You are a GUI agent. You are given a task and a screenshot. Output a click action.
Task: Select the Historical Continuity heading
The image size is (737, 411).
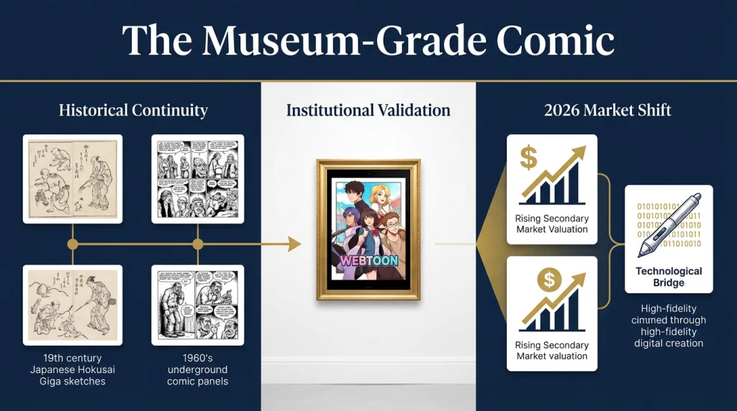(x=133, y=110)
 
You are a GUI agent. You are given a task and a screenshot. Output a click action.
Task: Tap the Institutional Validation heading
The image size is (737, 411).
(x=368, y=110)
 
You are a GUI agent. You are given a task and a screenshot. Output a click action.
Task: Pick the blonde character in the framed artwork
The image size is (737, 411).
(x=381, y=198)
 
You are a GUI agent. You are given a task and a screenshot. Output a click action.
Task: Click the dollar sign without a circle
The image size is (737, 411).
(x=528, y=157)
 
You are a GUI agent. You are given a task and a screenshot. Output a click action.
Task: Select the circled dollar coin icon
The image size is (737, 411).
(x=550, y=279)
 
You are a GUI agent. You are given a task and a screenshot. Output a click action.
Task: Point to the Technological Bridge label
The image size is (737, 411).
(x=669, y=277)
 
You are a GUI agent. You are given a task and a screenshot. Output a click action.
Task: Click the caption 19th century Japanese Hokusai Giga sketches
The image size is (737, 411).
(x=73, y=369)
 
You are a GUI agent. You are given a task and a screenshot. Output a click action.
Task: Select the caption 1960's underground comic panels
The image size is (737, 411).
(x=197, y=369)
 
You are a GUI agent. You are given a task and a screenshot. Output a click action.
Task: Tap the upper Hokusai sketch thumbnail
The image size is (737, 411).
(x=73, y=178)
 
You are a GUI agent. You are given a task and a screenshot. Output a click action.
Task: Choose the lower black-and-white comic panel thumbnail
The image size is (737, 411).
(x=197, y=305)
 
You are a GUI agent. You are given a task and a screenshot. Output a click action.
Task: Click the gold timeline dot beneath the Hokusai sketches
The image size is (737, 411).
(x=73, y=244)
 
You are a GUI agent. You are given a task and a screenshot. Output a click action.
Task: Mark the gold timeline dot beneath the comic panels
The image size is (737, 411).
(x=197, y=244)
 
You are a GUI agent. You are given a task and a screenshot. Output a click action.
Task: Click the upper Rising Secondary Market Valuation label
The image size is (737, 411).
(x=552, y=223)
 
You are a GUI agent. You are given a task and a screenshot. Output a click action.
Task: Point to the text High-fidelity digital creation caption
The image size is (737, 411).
(x=669, y=331)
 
